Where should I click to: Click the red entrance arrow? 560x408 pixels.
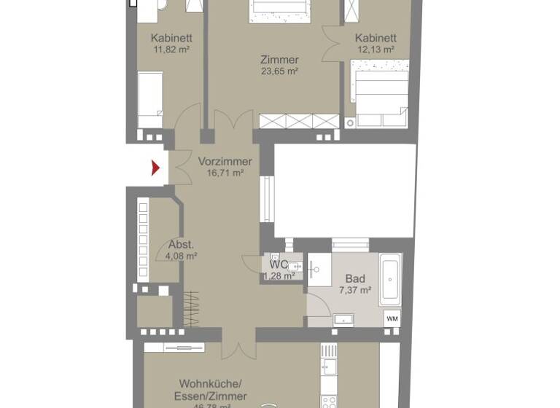(x=155, y=168)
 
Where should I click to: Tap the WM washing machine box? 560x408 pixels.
(x=392, y=318)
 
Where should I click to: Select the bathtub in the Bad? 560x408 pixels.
(x=390, y=280)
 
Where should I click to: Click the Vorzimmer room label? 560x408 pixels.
(x=225, y=162)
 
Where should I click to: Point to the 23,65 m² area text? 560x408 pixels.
(x=280, y=71)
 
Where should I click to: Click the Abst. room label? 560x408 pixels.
(x=182, y=245)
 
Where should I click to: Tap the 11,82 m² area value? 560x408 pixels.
(x=171, y=50)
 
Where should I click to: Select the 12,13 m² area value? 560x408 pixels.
(x=376, y=50)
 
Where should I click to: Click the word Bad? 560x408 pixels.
(x=355, y=279)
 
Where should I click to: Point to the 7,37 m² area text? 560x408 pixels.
(x=355, y=290)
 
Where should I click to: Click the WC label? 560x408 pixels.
(x=279, y=264)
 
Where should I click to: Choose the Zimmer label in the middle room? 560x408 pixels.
(x=280, y=60)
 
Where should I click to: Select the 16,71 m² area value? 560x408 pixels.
(x=225, y=173)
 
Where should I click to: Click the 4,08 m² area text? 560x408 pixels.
(x=182, y=256)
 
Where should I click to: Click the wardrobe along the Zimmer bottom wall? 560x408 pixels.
(x=299, y=121)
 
